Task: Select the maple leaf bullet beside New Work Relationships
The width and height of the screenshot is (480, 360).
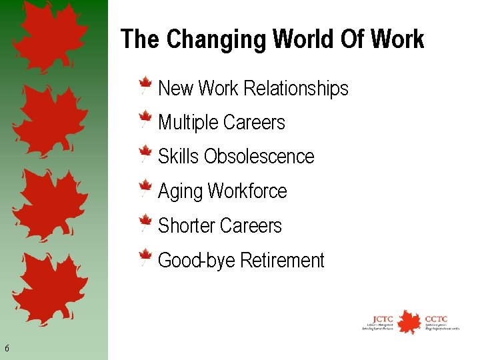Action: click(145, 87)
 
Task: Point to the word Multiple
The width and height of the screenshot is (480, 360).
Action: click(188, 123)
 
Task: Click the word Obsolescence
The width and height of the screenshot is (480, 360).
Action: click(259, 157)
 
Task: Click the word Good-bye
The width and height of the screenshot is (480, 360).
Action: click(196, 261)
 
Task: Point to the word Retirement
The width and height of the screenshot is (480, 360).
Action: click(281, 261)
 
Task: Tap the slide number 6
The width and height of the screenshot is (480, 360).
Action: click(7, 348)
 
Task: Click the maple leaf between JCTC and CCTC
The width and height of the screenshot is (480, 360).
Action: click(408, 321)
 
